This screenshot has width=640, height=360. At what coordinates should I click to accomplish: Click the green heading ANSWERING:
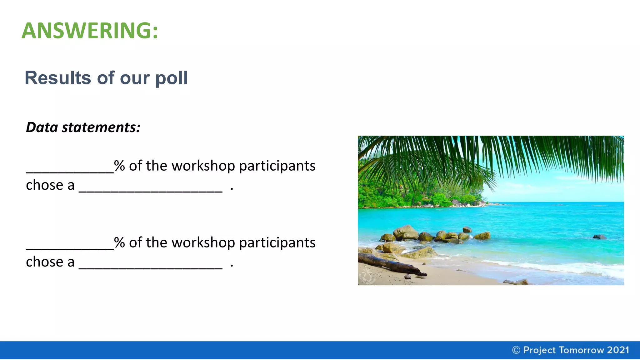point(90,31)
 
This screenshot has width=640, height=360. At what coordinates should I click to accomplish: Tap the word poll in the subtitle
point(172,78)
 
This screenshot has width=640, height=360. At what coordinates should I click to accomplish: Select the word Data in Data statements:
point(42,127)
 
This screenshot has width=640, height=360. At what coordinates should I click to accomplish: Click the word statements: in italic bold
point(101,127)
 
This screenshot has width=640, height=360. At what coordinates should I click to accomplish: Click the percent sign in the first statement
point(119,166)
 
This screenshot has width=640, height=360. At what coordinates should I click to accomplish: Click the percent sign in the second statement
point(119,242)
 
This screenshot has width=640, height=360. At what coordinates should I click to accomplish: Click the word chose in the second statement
point(45,262)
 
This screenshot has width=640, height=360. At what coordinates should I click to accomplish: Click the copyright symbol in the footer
point(516,350)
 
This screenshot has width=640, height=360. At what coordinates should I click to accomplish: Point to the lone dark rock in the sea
point(599,237)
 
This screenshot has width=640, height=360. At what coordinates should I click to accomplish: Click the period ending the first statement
point(232,188)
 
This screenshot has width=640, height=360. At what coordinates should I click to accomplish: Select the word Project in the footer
point(539,350)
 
